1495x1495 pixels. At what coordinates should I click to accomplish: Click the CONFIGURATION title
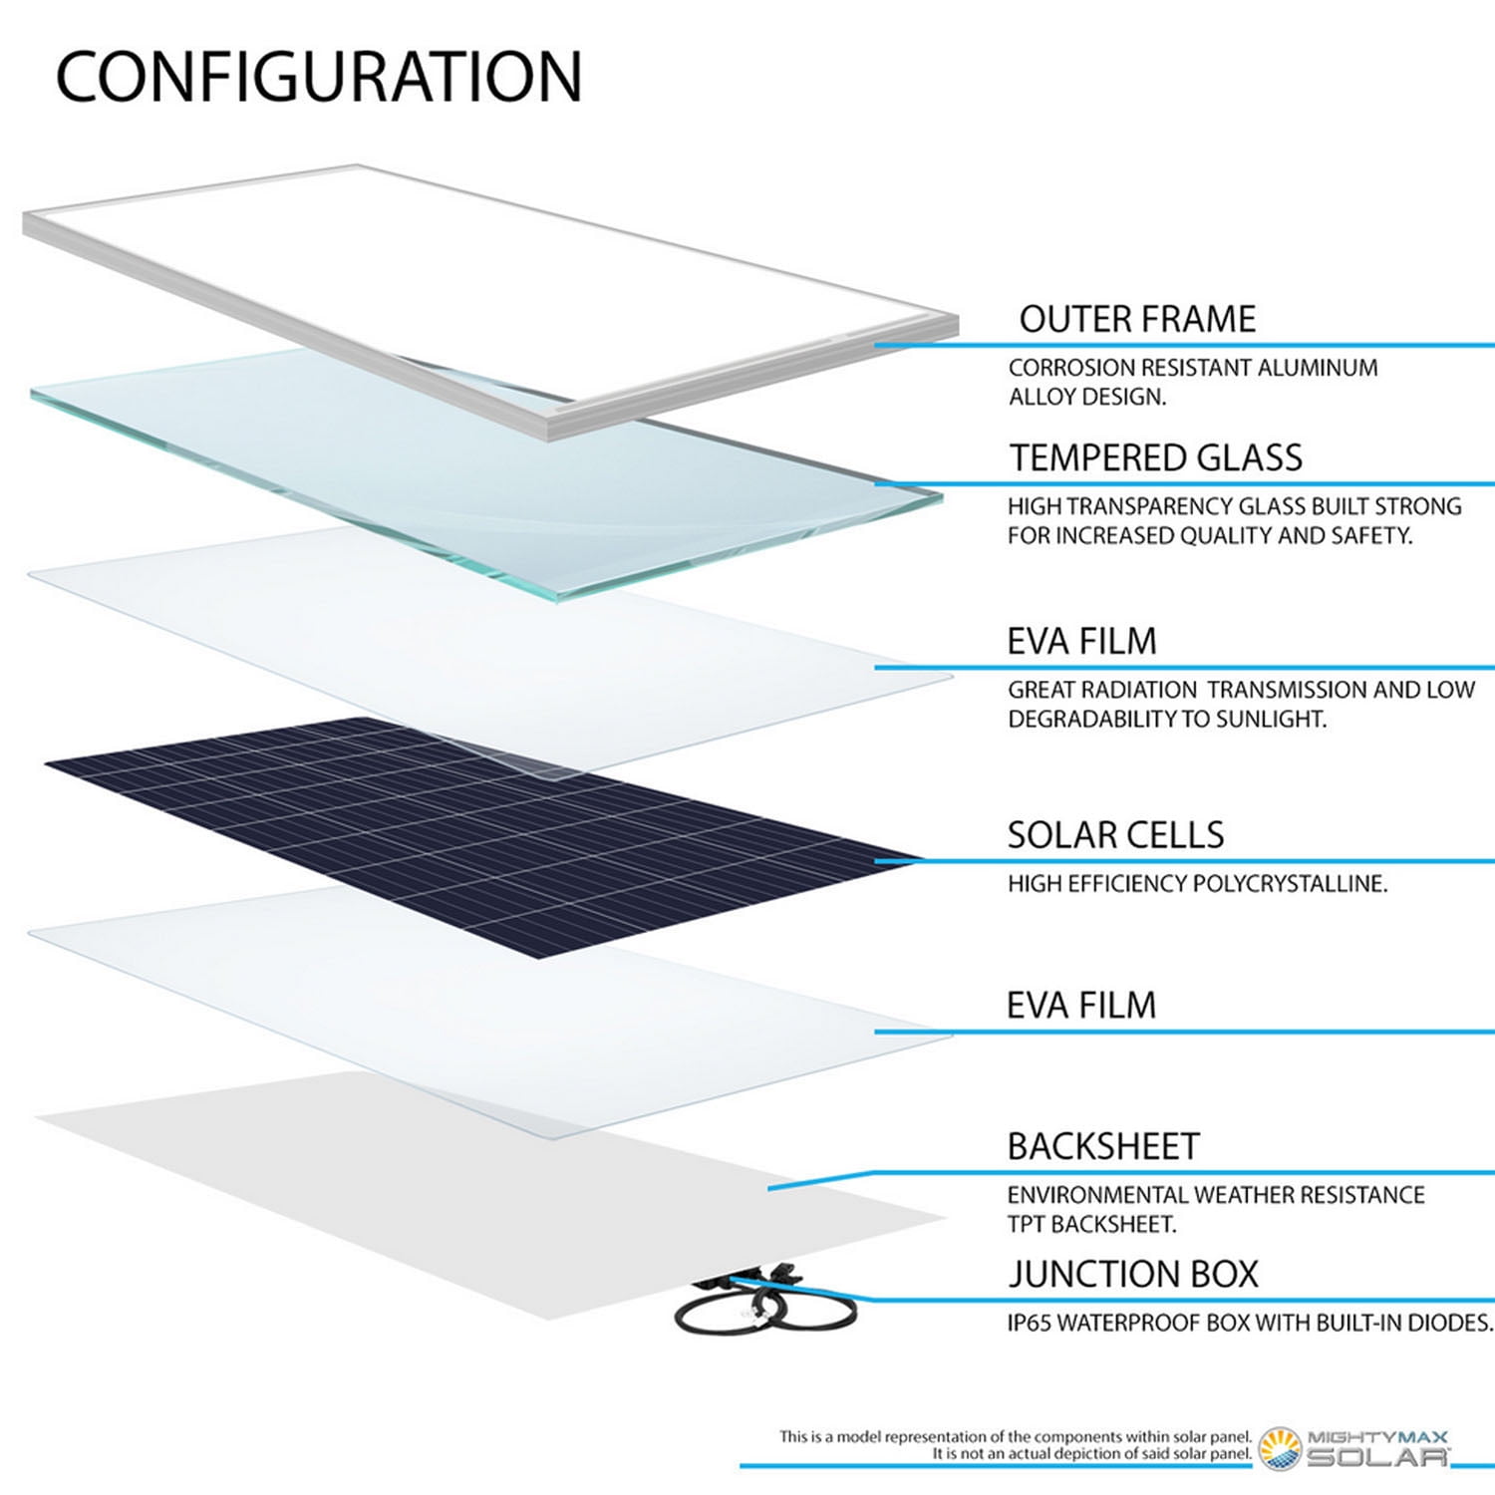tap(318, 77)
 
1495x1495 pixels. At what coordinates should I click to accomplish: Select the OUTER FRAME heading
tap(1137, 319)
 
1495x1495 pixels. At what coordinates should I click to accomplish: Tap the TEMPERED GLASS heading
tap(1156, 457)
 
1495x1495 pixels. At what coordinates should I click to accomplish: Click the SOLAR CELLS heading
tap(1115, 834)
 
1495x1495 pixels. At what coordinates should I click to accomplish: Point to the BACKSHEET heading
tap(1103, 1146)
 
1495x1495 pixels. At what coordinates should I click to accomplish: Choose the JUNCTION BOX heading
tap(1133, 1274)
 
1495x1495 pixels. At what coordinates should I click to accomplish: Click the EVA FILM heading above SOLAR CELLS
tap(1081, 641)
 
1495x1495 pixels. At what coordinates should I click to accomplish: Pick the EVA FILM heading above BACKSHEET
tap(1081, 1005)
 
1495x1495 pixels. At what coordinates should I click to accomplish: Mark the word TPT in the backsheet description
tap(1027, 1224)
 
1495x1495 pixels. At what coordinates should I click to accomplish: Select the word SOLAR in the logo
tap(1377, 1457)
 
